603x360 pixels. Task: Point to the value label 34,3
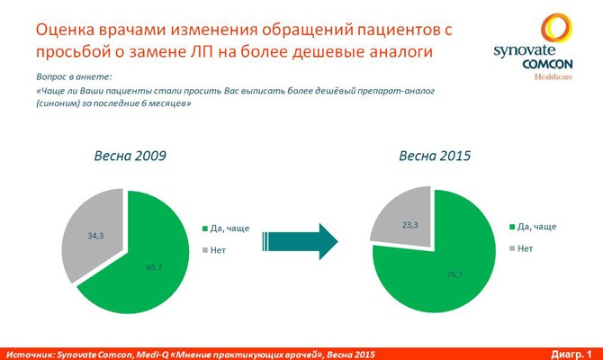tap(95, 236)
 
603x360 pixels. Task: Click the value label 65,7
tap(154, 267)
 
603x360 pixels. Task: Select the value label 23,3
tap(409, 225)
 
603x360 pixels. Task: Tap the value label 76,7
tap(454, 274)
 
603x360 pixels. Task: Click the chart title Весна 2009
tap(130, 156)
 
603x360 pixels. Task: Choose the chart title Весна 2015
tap(435, 156)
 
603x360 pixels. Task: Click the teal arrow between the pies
tap(300, 241)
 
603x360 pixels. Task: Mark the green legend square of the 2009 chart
tap(205, 229)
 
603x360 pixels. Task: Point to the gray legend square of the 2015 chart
tap(512, 248)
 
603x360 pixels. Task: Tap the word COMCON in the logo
tap(547, 64)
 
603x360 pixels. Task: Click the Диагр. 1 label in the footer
tap(571, 355)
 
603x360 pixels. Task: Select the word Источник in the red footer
tap(30, 355)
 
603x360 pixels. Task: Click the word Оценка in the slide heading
tap(63, 31)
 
